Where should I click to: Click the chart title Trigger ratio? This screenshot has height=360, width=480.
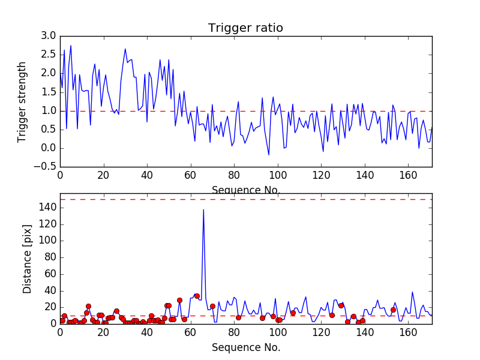[x=245, y=28]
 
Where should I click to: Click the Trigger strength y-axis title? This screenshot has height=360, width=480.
[x=22, y=101]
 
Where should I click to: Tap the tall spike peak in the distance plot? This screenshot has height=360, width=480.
[x=203, y=209]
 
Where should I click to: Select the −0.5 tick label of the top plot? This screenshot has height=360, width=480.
[x=46, y=167]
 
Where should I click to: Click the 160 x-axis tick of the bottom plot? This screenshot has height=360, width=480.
[x=408, y=332]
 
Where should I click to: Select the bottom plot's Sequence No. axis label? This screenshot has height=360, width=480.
[x=245, y=347]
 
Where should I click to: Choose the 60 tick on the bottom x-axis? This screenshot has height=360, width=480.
[x=190, y=332]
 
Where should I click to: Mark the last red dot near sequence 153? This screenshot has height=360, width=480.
[x=393, y=310]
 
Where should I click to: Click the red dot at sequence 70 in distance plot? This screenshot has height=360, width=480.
[x=212, y=306]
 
